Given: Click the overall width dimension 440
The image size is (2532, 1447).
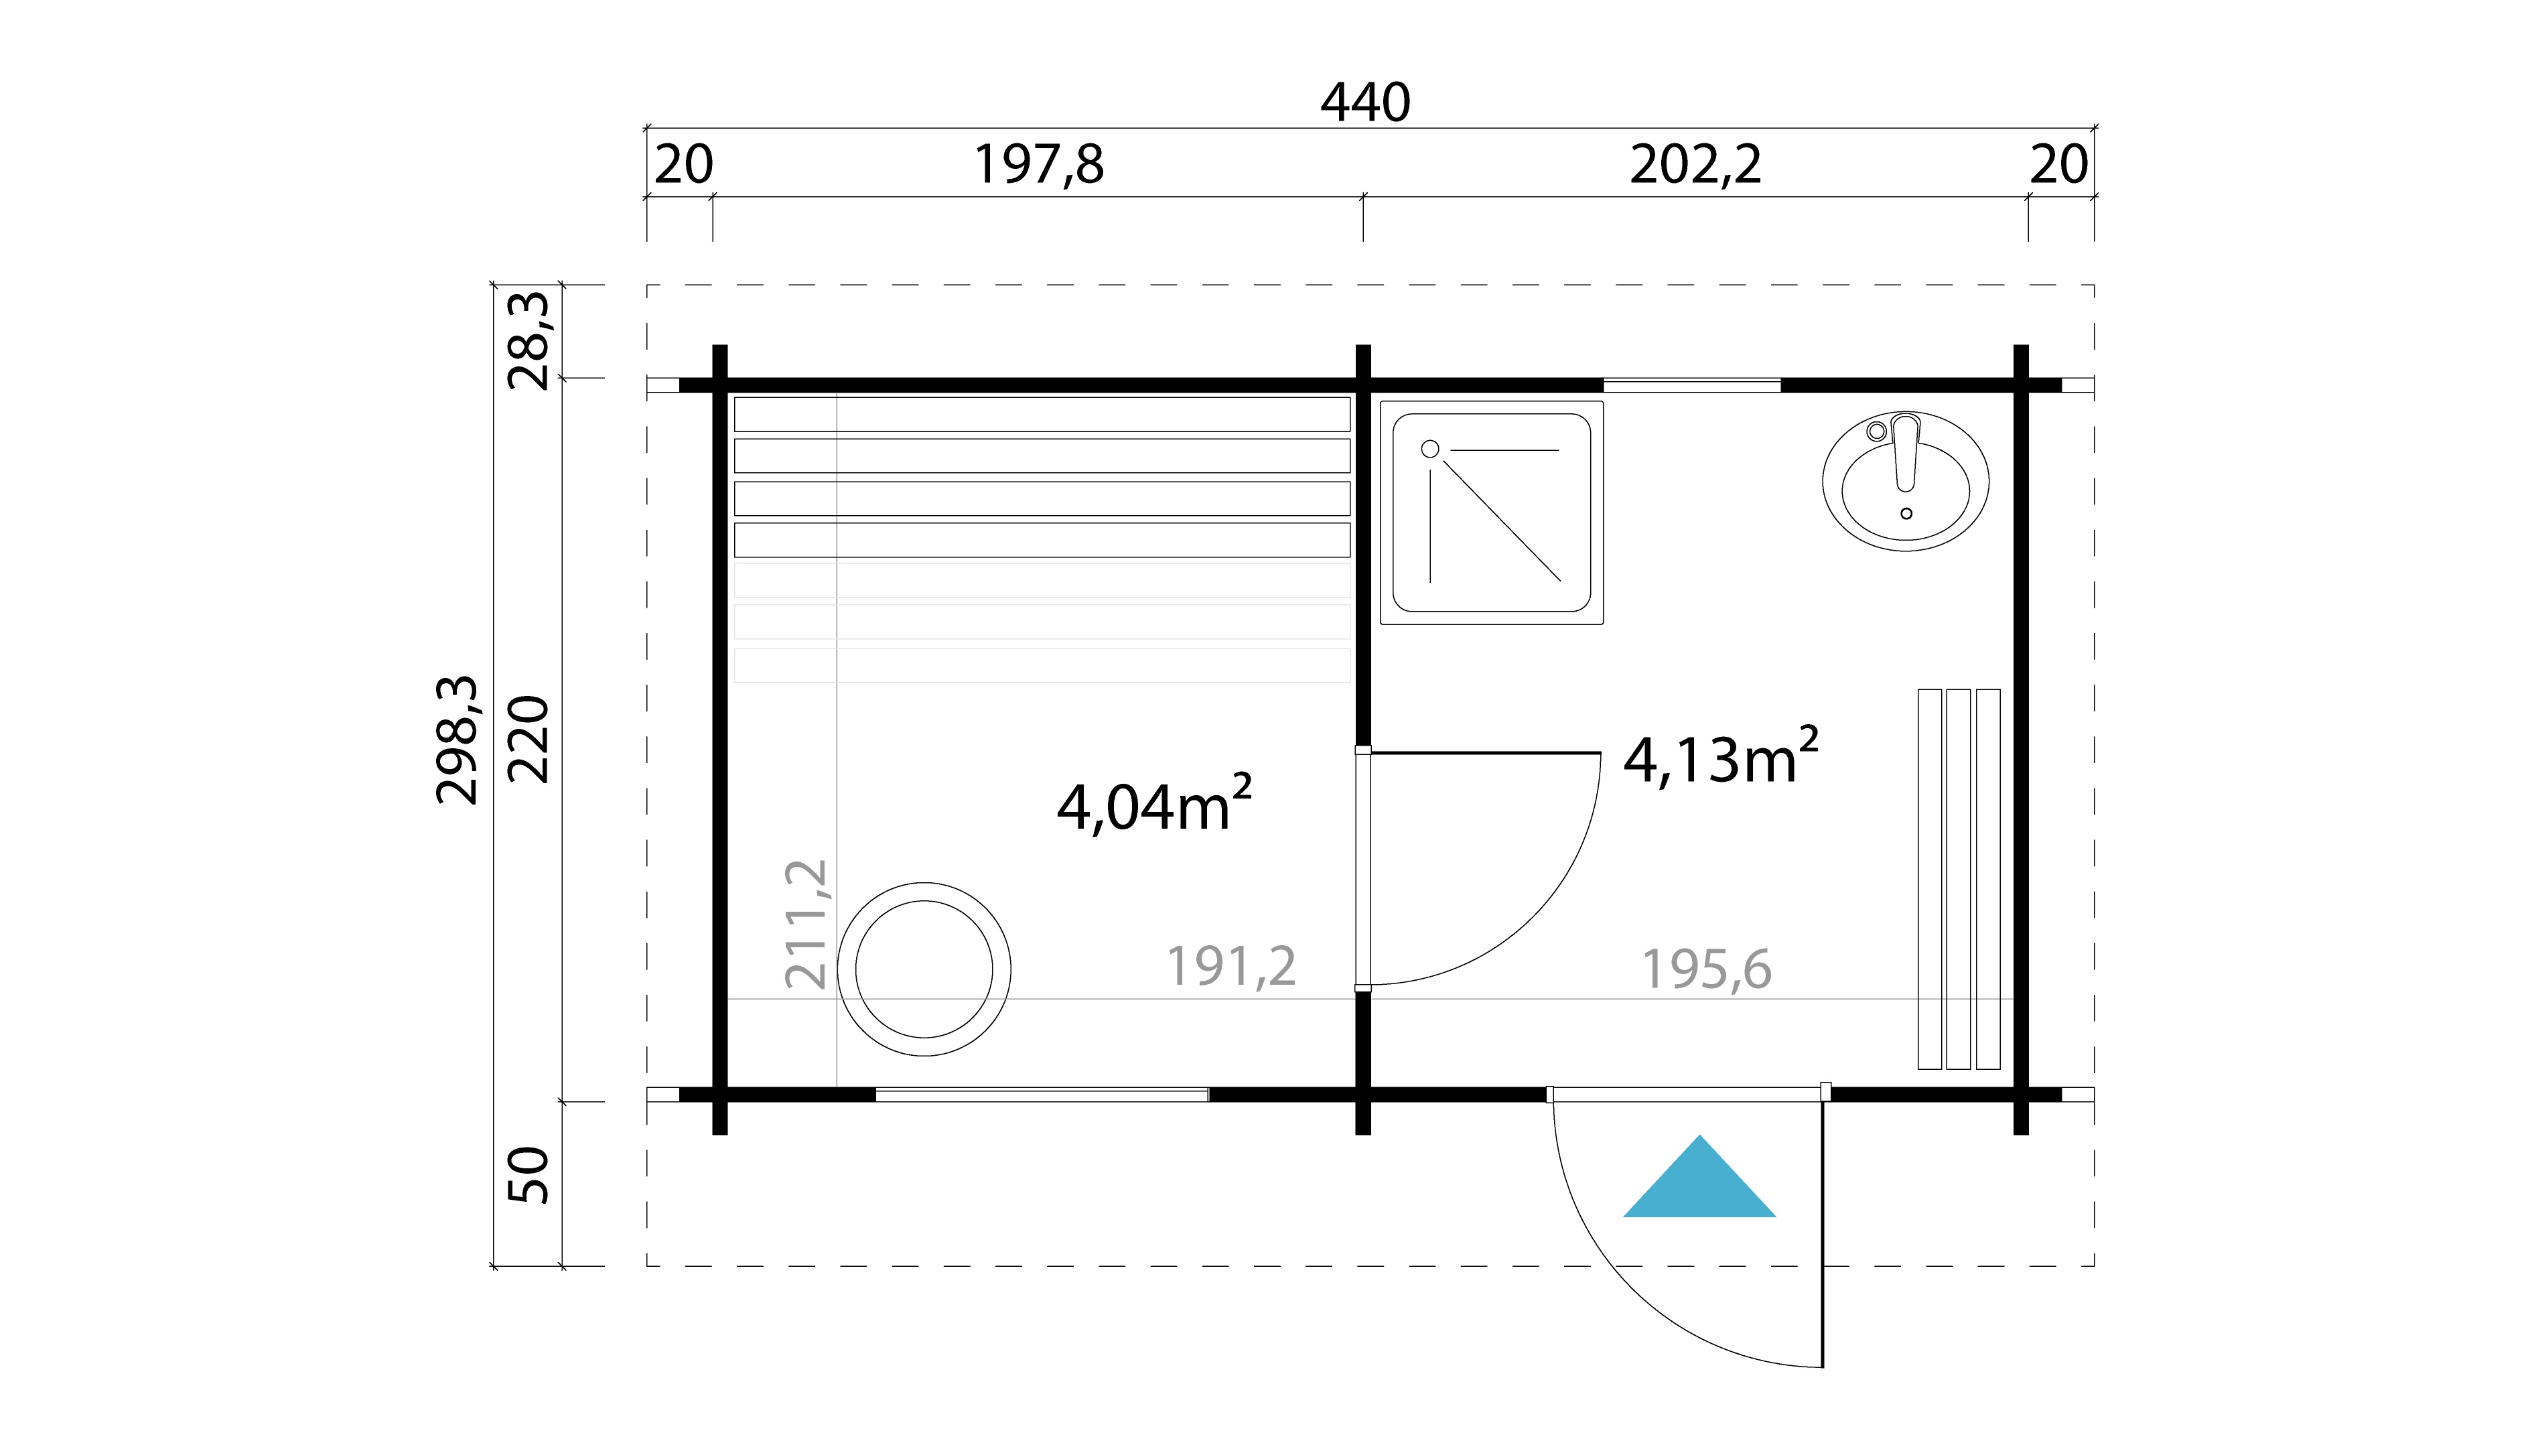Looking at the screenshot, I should click(1364, 103).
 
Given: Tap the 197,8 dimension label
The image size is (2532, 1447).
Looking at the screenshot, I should click(1038, 165).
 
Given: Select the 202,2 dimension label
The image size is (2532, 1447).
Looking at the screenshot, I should click(1695, 165).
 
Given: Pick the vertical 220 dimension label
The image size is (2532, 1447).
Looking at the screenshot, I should click(529, 740).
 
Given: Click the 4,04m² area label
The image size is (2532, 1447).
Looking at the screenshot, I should click(1153, 806).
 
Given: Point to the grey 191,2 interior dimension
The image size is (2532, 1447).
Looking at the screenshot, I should click(1230, 967).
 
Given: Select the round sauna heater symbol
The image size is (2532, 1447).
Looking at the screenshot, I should click(924, 969).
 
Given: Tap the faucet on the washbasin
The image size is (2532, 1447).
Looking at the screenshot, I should click(1905, 453).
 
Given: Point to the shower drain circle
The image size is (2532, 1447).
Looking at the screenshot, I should click(1430, 450).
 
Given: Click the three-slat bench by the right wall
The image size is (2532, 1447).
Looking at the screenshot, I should click(1959, 878).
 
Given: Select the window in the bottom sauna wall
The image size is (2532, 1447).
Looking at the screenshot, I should click(1042, 1094).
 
